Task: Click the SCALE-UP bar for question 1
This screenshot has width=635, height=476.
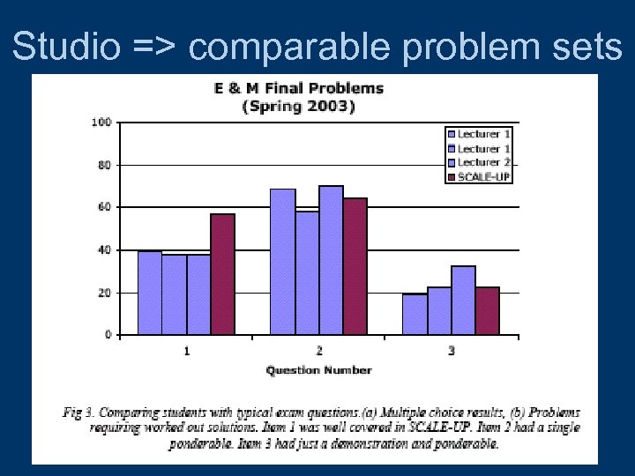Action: (222, 274)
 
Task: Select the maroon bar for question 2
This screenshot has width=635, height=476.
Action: (355, 266)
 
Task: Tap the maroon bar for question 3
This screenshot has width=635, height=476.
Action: (487, 310)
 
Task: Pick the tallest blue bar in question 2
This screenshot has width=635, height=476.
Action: (331, 260)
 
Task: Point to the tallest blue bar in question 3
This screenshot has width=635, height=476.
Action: (463, 300)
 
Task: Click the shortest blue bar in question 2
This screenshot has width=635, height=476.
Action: (307, 272)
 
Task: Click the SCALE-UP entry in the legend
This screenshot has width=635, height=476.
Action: (481, 175)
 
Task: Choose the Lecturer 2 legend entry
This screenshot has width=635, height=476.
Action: (481, 162)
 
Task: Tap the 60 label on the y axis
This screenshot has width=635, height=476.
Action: (104, 207)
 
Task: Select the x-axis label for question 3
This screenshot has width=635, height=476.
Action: (452, 351)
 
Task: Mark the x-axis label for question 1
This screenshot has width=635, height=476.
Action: (186, 351)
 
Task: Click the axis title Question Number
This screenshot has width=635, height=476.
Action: (318, 369)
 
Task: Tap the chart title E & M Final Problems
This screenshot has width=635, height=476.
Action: (299, 88)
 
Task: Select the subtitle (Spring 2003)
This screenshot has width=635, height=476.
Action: (299, 107)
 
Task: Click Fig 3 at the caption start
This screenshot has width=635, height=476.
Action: (79, 413)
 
